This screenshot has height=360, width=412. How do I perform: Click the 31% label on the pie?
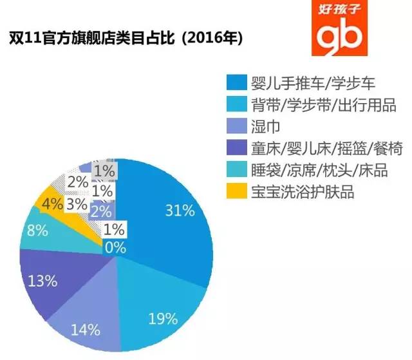click(180, 210)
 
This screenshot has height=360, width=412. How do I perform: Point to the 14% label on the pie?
click(86, 330)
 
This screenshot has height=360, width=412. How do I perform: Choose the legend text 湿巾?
click(261, 127)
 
